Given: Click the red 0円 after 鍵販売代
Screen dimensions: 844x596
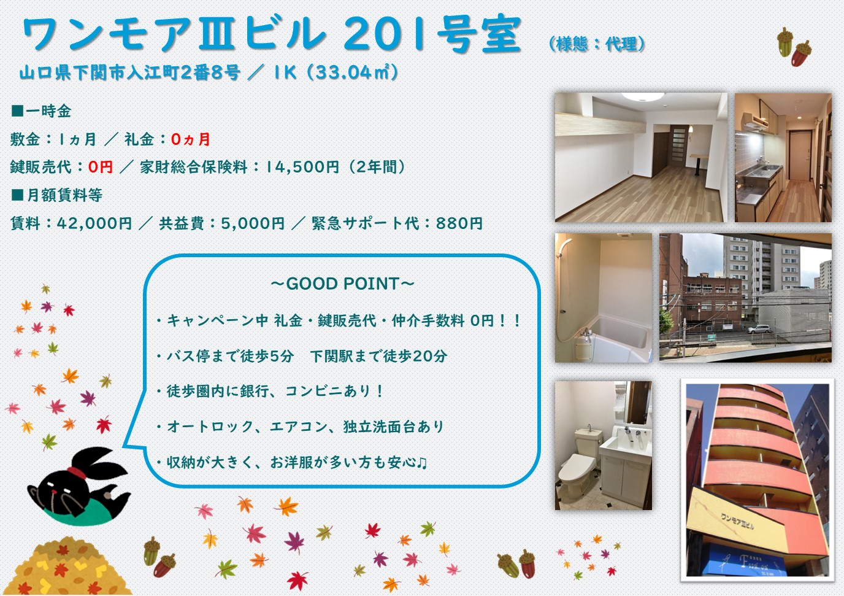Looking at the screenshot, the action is pos(101,166).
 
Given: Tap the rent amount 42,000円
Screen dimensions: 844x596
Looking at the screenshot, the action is pos(94,223).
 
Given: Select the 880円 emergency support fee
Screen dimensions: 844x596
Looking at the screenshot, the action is pos(459,223).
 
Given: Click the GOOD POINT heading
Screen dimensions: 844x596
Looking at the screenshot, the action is pos(342,284).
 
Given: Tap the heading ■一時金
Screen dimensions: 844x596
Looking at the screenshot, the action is pos(41,111).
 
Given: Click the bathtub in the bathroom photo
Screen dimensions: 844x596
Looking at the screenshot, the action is pos(618,336).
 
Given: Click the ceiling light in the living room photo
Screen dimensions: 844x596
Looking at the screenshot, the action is pos(642,96).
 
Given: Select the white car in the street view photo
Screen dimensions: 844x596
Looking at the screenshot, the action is pos(759,329).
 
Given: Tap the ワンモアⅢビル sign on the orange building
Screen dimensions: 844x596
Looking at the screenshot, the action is pos(737,521).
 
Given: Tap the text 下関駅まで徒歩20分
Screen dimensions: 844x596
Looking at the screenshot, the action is pos(378,356).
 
